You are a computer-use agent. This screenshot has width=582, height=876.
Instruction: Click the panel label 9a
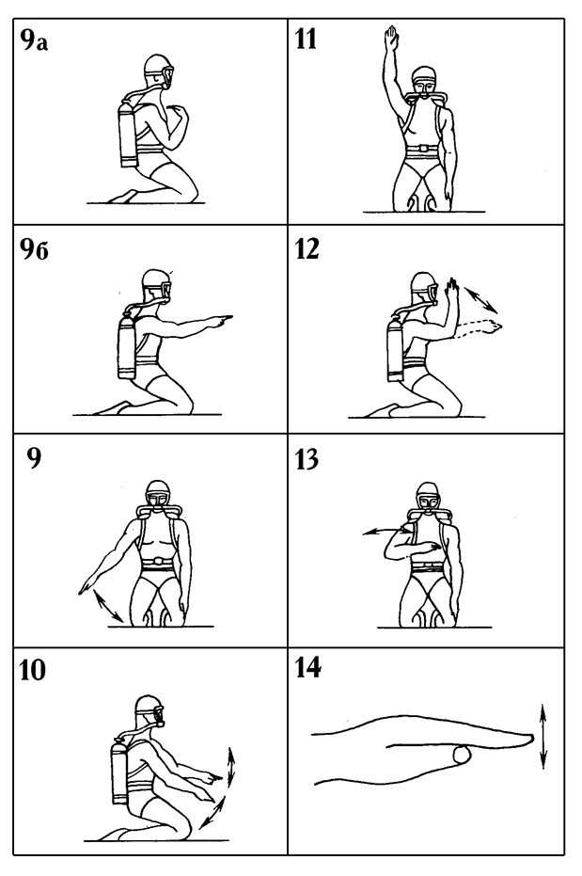tap(35, 40)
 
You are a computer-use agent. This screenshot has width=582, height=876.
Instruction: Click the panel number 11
tap(306, 40)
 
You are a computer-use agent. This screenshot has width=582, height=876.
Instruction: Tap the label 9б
tap(35, 249)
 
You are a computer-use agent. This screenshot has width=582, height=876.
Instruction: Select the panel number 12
tap(307, 249)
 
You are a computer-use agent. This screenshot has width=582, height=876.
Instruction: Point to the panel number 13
tap(307, 459)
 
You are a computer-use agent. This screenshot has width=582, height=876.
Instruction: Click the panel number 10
tap(32, 670)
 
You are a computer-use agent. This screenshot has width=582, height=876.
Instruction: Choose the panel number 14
tap(308, 668)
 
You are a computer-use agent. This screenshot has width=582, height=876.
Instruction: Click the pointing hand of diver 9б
tap(223, 320)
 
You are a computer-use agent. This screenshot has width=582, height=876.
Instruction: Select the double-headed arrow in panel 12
tap(480, 299)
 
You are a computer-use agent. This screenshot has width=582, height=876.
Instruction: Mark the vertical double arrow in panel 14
tap(543, 737)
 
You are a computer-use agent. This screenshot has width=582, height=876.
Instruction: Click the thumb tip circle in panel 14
tap(462, 755)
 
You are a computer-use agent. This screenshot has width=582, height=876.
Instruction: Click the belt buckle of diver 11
tap(425, 150)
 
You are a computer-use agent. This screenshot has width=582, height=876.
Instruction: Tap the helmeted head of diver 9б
tap(156, 284)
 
